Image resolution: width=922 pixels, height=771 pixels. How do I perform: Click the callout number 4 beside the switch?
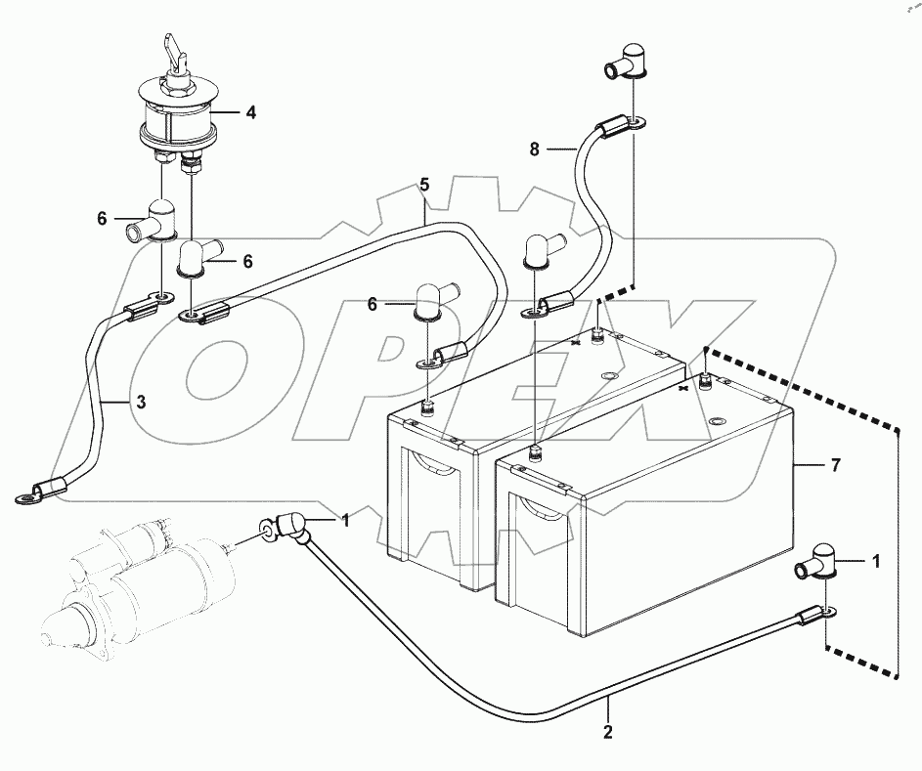pyautogui.click(x=250, y=112)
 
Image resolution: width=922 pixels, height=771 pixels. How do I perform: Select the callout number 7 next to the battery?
pyautogui.click(x=835, y=467)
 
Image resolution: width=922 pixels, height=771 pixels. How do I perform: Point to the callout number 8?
pyautogui.click(x=533, y=150)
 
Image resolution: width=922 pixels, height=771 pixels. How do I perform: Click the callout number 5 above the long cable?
pyautogui.click(x=424, y=184)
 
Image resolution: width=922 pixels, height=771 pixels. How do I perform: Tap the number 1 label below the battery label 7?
pyautogui.click(x=875, y=561)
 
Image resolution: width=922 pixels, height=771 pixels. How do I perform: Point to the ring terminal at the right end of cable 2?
pyautogui.click(x=828, y=613)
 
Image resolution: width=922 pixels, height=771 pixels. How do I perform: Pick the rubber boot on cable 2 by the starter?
pyautogui.click(x=291, y=528)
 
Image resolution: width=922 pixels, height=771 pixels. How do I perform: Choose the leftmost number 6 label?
pyautogui.click(x=102, y=220)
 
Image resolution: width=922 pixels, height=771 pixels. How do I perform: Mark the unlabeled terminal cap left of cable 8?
pyautogui.click(x=538, y=250)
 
